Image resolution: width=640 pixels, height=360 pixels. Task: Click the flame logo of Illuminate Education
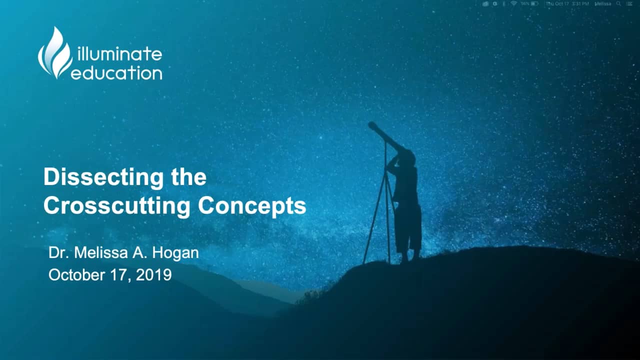point(55,53)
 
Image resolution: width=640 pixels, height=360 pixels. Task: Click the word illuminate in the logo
point(119,54)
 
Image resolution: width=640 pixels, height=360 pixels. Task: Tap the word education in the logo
point(117,73)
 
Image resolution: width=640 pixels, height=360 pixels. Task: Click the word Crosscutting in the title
point(116,206)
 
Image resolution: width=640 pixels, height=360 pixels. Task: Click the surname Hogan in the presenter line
point(175,253)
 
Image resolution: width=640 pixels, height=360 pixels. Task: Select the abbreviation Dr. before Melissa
point(59,253)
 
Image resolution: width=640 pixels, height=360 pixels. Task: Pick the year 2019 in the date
point(154,275)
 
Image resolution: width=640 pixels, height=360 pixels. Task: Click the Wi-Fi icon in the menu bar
point(513,3)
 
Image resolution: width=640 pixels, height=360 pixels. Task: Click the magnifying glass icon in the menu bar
point(618,3)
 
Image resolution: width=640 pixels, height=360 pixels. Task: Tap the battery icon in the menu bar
point(534,3)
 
